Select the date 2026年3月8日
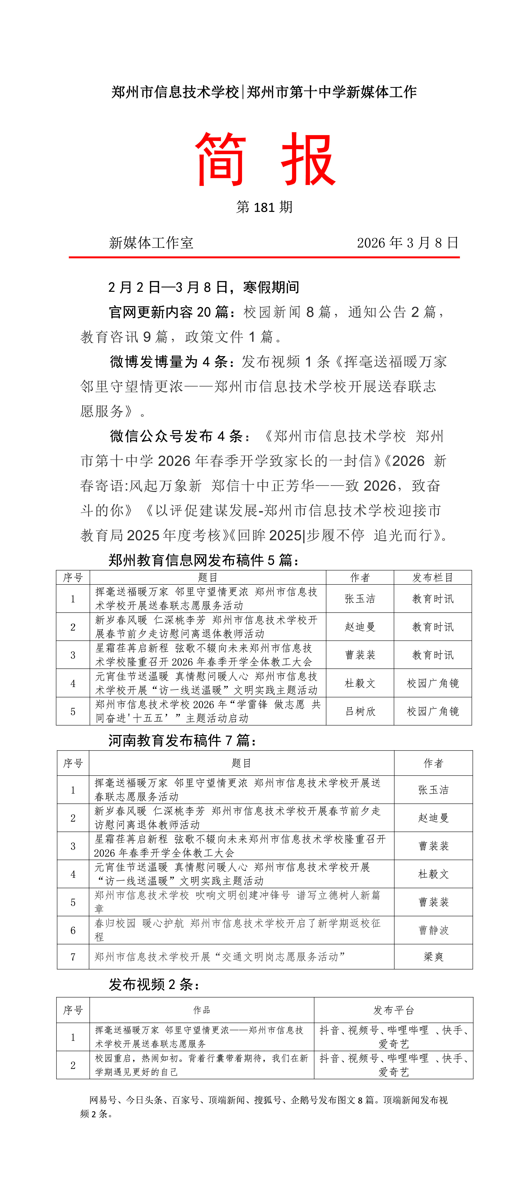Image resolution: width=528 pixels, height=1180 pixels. (408, 243)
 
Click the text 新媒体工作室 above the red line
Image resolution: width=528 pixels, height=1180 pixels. (151, 243)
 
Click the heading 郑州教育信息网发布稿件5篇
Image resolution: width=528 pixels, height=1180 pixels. (203, 560)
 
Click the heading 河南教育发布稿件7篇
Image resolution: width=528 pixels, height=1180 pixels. (182, 740)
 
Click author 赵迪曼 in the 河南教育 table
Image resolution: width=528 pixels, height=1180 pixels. (433, 818)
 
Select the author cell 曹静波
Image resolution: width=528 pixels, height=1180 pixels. (433, 930)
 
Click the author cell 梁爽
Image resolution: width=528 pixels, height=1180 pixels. (433, 956)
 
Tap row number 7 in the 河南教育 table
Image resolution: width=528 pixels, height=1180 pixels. (73, 956)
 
